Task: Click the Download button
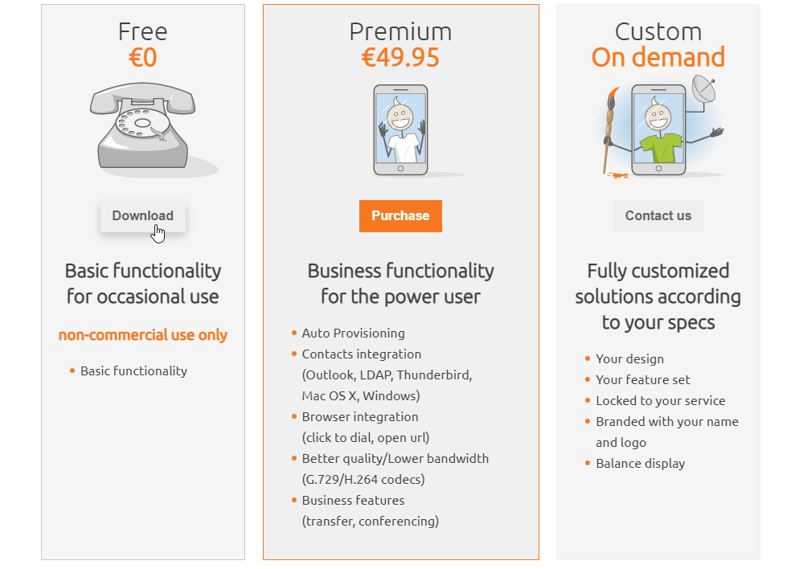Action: (142, 215)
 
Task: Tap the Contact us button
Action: (658, 215)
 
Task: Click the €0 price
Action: (142, 58)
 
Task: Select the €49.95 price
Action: (400, 58)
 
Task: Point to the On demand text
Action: (658, 58)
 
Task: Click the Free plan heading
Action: (142, 31)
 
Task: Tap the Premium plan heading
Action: (400, 31)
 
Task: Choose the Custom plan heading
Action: (658, 31)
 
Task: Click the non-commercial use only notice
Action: (142, 335)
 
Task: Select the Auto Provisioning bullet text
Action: (353, 333)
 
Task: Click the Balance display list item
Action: (640, 463)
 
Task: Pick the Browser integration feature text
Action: (359, 416)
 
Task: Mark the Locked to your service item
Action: (660, 400)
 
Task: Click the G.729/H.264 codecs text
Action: (363, 479)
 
